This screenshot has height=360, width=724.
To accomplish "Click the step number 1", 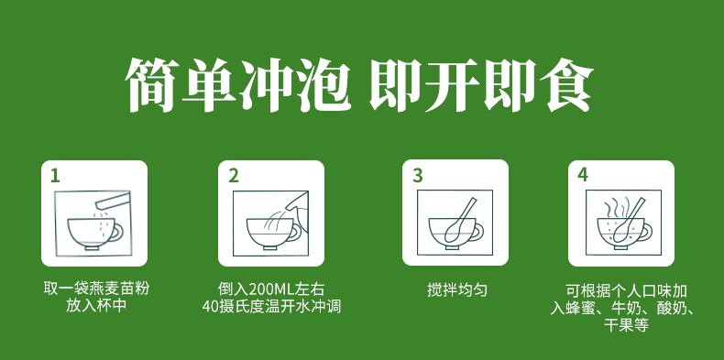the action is (x=55, y=176).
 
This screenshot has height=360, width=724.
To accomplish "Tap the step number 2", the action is (x=234, y=176).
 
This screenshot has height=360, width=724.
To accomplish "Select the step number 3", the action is (x=417, y=176).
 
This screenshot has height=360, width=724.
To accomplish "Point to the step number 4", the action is (x=583, y=175).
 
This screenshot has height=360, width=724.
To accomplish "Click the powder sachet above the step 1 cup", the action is (x=111, y=202).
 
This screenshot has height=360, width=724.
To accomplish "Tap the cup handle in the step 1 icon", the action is (x=117, y=231).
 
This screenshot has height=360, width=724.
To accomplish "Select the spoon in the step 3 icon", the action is (x=460, y=220).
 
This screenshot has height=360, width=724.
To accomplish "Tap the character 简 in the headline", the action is (x=152, y=85).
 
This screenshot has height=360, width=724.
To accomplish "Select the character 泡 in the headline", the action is (x=323, y=85).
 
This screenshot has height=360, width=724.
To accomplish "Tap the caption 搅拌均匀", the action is (x=457, y=289).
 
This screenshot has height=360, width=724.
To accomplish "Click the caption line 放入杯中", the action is (x=96, y=306).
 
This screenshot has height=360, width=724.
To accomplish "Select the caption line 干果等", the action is (x=626, y=324).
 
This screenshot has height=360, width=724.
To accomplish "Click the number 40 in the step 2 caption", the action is (x=210, y=307).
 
